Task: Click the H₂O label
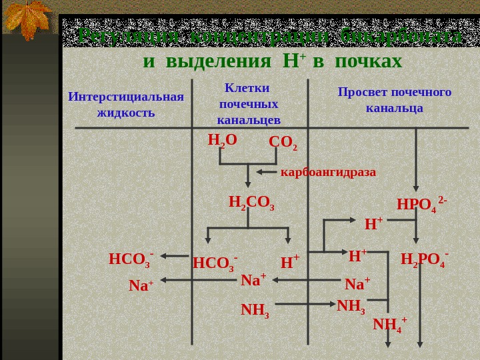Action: click(222, 140)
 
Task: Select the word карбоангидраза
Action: click(328, 172)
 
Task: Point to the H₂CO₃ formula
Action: click(251, 202)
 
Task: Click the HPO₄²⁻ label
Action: click(421, 203)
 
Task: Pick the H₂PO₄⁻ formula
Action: click(424, 259)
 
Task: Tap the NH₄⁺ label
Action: click(390, 325)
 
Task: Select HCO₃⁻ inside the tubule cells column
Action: click(215, 263)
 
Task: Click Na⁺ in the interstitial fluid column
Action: click(141, 286)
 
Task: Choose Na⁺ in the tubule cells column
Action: click(253, 281)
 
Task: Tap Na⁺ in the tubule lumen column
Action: click(357, 285)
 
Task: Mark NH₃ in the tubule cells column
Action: click(255, 310)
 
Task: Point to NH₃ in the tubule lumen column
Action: click(351, 306)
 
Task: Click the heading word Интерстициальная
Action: click(125, 97)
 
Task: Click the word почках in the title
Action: click(369, 61)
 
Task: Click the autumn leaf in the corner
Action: click(28, 19)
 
